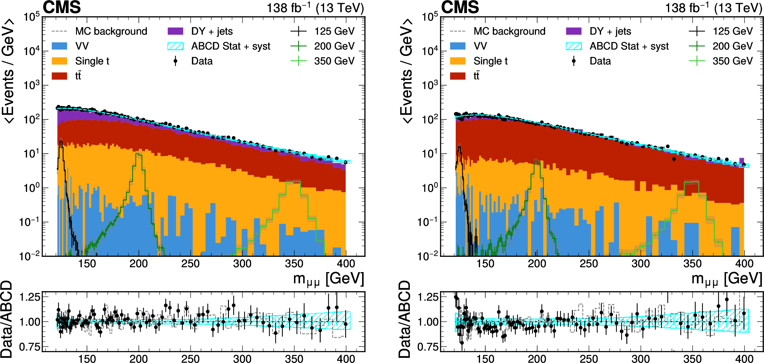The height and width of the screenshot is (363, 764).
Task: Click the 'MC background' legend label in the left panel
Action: pyautogui.click(x=111, y=31)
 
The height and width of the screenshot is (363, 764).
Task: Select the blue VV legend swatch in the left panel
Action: pyautogui.click(x=59, y=46)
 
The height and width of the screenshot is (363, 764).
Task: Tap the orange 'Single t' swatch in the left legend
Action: pyautogui.click(x=59, y=61)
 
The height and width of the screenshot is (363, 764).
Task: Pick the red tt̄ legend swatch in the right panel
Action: pyautogui.click(x=458, y=76)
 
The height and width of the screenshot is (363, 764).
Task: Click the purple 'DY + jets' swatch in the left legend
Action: pyautogui.click(x=175, y=31)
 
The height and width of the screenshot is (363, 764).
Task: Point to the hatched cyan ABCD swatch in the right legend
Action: pyautogui.click(x=574, y=46)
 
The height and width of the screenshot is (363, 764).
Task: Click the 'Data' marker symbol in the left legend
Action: pyautogui.click(x=175, y=61)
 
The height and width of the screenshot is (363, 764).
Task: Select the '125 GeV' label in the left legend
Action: pyautogui.click(x=334, y=31)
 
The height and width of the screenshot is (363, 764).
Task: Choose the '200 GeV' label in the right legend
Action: pyautogui.click(x=732, y=46)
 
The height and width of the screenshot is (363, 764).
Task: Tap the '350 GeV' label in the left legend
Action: pyautogui.click(x=334, y=61)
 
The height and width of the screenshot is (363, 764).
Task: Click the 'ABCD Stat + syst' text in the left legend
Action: pyautogui.click(x=231, y=46)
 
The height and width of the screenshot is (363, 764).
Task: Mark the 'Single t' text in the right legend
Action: pyautogui.click(x=490, y=61)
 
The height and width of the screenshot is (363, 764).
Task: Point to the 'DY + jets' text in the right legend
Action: pyautogui.click(x=610, y=31)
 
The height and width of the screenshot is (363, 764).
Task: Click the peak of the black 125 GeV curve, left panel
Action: pyautogui.click(x=61, y=142)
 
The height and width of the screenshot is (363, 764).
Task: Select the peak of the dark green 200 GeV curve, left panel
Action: pyautogui.click(x=138, y=154)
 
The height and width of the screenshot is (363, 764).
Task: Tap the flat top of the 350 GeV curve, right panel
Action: pyautogui.click(x=691, y=182)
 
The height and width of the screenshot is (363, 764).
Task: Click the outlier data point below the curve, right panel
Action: pyautogui.click(x=674, y=159)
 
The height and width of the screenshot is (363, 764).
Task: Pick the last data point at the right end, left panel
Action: pyautogui.click(x=345, y=162)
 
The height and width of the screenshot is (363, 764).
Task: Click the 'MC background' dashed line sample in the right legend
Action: pyautogui.click(x=458, y=31)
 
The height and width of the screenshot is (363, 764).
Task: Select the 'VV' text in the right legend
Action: pyautogui.click(x=480, y=46)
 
